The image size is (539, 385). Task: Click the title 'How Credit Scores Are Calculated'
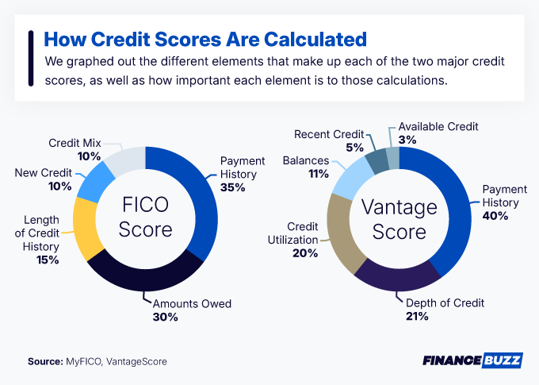[x=205, y=39]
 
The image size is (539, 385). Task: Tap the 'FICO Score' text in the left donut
[x=145, y=218]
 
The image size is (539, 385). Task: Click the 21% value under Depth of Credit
[x=417, y=316]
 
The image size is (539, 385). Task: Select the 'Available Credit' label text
[x=438, y=126]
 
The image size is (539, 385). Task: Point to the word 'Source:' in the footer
[x=44, y=361]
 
